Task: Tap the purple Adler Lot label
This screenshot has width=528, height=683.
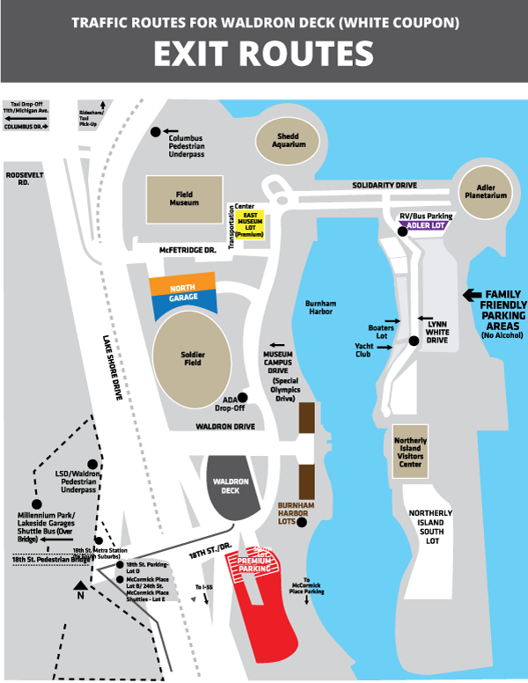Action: (x=426, y=226)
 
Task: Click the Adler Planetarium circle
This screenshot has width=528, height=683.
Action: (x=488, y=192)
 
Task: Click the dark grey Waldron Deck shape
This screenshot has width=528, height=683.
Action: (x=232, y=486)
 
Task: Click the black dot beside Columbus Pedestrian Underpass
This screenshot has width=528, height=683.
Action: (x=156, y=131)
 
